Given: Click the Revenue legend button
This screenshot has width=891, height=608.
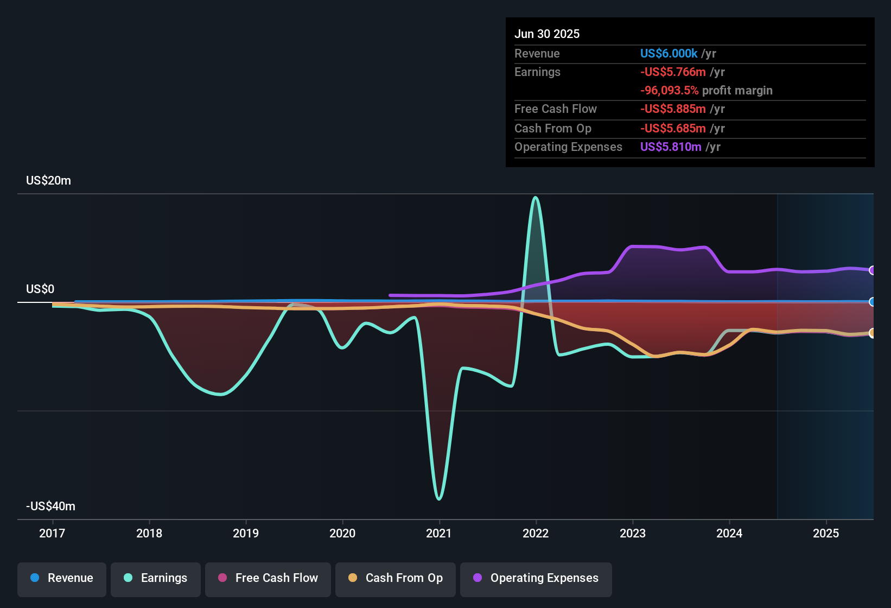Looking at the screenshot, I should [x=62, y=578].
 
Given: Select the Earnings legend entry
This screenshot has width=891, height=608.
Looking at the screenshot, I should [x=156, y=578].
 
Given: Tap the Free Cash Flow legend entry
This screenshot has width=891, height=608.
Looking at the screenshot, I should [x=268, y=578].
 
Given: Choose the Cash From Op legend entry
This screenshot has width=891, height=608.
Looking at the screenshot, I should [x=396, y=578].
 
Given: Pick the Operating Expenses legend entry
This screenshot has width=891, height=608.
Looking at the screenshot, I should [x=536, y=578].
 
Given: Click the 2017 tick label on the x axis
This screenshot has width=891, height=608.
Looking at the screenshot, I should [x=52, y=533].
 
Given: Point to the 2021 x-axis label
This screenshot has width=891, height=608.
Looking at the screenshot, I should [x=439, y=533].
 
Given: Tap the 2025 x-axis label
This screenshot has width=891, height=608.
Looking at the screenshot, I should [x=826, y=533].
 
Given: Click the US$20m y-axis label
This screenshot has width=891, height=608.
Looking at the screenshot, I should [x=48, y=181].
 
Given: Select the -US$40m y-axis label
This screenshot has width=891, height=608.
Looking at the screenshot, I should [x=50, y=506].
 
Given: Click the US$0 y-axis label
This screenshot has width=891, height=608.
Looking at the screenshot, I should [x=40, y=289].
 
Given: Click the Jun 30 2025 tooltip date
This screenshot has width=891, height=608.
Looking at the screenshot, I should [x=547, y=34].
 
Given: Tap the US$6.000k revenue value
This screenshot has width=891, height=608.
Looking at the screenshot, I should [x=669, y=54].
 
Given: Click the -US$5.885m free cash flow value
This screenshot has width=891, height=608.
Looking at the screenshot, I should [x=673, y=109].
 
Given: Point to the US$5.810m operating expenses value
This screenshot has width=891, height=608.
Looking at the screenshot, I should [x=671, y=147].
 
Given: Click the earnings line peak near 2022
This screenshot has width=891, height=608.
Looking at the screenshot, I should [x=536, y=198].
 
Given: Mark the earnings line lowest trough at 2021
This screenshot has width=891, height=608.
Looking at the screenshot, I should [x=439, y=498].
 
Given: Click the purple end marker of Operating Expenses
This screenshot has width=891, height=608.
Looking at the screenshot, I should [x=872, y=270].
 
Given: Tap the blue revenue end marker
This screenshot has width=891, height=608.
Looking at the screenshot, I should [x=872, y=302].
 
